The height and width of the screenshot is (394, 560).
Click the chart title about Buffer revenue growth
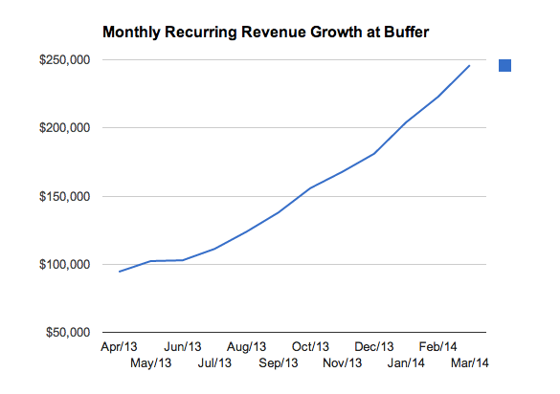tap(266, 33)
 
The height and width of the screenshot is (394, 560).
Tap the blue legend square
tap(505, 65)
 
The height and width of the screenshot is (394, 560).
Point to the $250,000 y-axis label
tap(64, 60)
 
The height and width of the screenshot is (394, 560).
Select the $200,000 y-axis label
tap(64, 128)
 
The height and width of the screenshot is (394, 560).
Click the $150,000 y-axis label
tap(64, 197)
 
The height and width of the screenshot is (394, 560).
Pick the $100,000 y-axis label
tap(64, 265)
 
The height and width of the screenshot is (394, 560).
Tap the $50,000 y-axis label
tap(67, 333)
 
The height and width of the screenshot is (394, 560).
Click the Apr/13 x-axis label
tap(120, 346)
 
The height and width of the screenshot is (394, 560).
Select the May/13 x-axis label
tap(151, 362)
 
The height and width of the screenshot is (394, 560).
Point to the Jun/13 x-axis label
tap(183, 346)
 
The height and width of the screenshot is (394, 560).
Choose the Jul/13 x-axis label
tap(214, 362)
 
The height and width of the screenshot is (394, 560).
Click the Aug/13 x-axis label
tap(247, 346)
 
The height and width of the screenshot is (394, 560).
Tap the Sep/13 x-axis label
tap(279, 362)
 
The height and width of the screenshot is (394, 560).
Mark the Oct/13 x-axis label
tap(310, 346)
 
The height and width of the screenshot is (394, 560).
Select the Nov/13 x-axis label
tap(342, 362)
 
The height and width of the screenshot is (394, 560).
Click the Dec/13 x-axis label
tap(374, 346)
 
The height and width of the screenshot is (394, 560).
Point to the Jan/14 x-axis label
tap(406, 362)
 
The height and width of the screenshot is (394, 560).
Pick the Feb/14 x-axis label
tap(437, 346)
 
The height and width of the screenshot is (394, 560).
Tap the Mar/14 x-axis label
tap(469, 362)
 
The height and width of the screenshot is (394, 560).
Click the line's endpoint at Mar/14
tap(470, 65)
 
